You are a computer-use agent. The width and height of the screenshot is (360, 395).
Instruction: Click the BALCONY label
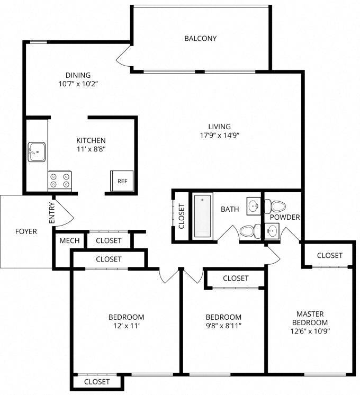[200, 38]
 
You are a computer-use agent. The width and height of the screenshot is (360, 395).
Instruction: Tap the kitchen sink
[37, 152]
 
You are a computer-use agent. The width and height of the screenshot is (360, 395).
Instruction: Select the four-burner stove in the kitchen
[59, 181]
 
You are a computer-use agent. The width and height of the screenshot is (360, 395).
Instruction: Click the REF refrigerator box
[122, 181]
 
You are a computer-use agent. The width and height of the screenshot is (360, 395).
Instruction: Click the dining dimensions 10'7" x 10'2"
[78, 84]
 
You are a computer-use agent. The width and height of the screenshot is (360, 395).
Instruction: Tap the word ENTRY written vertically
[51, 213]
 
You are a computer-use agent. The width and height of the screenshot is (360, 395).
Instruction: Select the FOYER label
[25, 231]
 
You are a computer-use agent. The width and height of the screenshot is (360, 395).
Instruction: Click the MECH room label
[69, 241]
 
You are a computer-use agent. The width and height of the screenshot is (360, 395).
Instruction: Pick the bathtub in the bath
[203, 217]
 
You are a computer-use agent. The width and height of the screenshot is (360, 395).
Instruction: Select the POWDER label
[285, 217]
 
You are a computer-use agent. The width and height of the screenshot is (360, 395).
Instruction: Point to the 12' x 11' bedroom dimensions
[126, 326]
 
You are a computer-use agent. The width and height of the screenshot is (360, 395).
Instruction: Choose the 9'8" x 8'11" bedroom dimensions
[224, 326]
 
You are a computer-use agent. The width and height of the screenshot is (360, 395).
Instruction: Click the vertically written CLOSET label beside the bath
[182, 217]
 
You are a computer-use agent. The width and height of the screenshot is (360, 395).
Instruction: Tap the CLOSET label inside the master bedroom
[329, 256]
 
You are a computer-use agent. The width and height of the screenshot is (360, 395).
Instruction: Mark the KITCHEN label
[91, 140]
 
